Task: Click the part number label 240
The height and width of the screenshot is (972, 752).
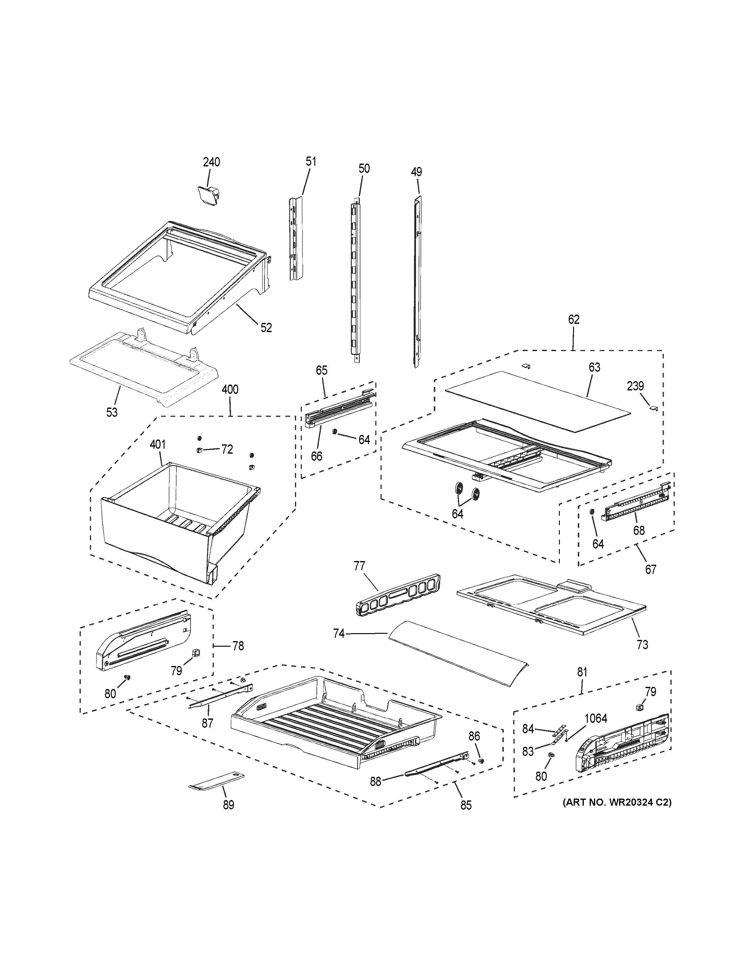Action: (x=211, y=162)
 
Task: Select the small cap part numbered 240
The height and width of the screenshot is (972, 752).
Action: (x=208, y=195)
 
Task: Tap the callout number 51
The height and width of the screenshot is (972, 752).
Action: (x=311, y=161)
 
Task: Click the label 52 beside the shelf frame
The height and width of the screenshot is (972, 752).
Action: (x=266, y=327)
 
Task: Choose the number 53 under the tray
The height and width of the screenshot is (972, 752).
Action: (x=112, y=412)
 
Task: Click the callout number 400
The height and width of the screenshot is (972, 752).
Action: (x=230, y=390)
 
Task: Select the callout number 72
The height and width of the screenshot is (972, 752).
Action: (x=227, y=450)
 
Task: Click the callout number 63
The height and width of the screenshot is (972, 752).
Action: (x=594, y=367)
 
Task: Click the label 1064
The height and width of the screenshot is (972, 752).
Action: (x=595, y=718)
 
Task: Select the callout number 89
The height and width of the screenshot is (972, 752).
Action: (x=228, y=805)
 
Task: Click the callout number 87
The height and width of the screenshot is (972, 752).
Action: (x=207, y=723)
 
